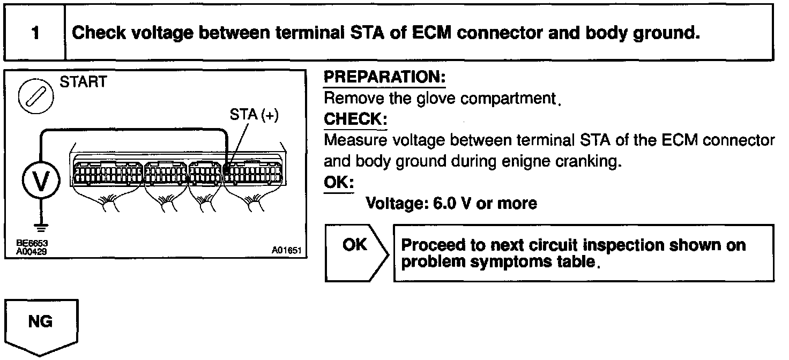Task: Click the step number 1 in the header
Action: coord(35,34)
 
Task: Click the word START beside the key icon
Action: coord(83,82)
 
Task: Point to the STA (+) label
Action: coord(254,116)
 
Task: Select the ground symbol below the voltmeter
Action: coord(39,227)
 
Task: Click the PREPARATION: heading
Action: coord(385,78)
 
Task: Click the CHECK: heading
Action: coord(355,118)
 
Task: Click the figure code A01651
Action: coord(287,250)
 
